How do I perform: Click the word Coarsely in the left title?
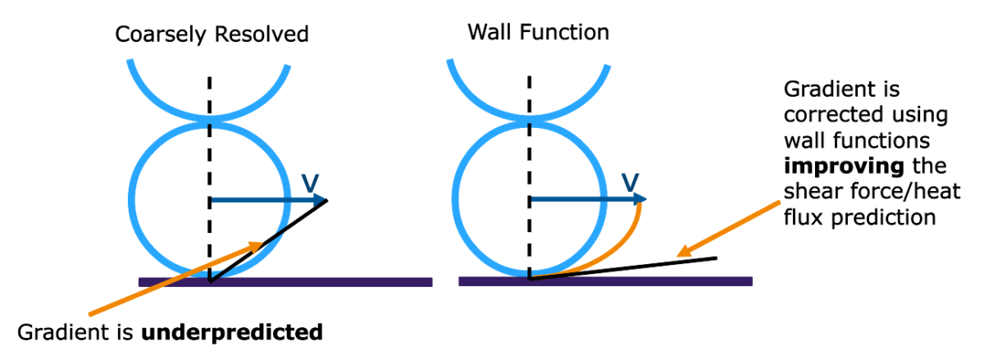tap(153, 34)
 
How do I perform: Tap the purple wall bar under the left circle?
tap(344, 282)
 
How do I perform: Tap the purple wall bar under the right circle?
tap(656, 281)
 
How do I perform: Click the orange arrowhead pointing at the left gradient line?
tap(258, 244)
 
